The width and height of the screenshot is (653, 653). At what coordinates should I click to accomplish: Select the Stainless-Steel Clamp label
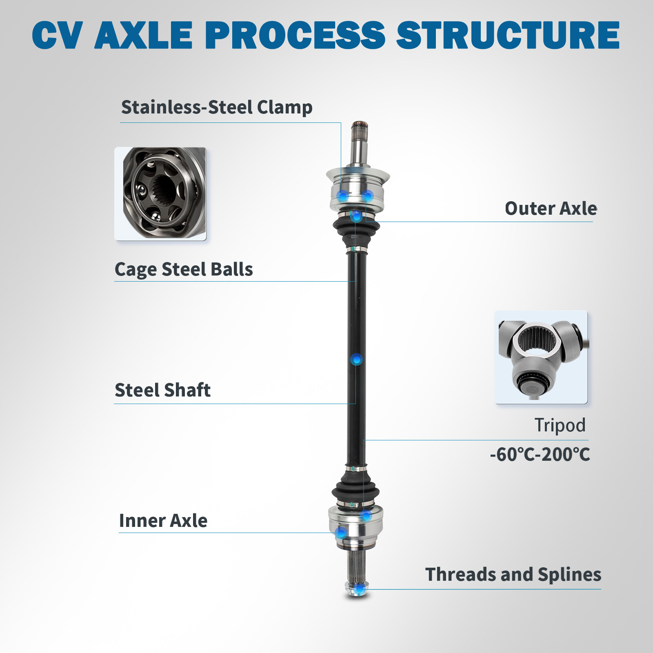coord(217,107)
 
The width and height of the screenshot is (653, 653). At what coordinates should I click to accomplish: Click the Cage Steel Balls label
coord(184,269)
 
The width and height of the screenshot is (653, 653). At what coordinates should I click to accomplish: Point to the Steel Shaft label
coord(162,390)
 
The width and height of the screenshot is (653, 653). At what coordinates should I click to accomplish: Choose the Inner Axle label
coord(163,521)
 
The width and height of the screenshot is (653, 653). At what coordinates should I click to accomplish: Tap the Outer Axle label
coord(551,208)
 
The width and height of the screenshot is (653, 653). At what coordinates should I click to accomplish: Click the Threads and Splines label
coord(513,574)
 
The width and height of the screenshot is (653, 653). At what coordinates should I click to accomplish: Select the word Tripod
coord(560,425)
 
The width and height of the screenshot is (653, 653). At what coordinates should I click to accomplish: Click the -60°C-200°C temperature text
coord(540,454)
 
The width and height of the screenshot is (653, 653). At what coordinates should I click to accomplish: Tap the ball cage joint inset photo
coord(160,194)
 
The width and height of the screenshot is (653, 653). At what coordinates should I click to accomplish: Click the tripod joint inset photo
coord(542,358)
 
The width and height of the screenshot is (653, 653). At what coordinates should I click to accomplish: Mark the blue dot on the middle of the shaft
coord(357,360)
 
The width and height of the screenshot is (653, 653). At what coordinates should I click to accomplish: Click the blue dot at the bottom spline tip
coord(359,589)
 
